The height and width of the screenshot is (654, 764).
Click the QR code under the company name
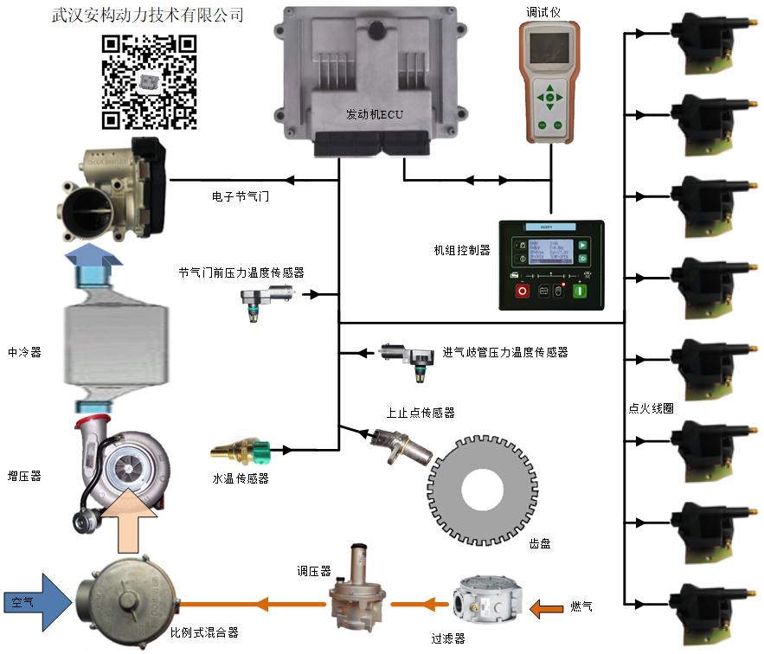click(149, 81)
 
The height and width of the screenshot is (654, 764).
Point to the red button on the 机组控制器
click(523, 292)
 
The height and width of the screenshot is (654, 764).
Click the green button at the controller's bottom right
click(582, 292)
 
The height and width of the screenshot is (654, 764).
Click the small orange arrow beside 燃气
click(545, 608)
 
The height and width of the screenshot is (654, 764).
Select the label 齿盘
click(540, 544)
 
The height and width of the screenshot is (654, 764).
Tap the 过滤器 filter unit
click(484, 600)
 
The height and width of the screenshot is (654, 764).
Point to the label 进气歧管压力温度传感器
click(505, 353)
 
